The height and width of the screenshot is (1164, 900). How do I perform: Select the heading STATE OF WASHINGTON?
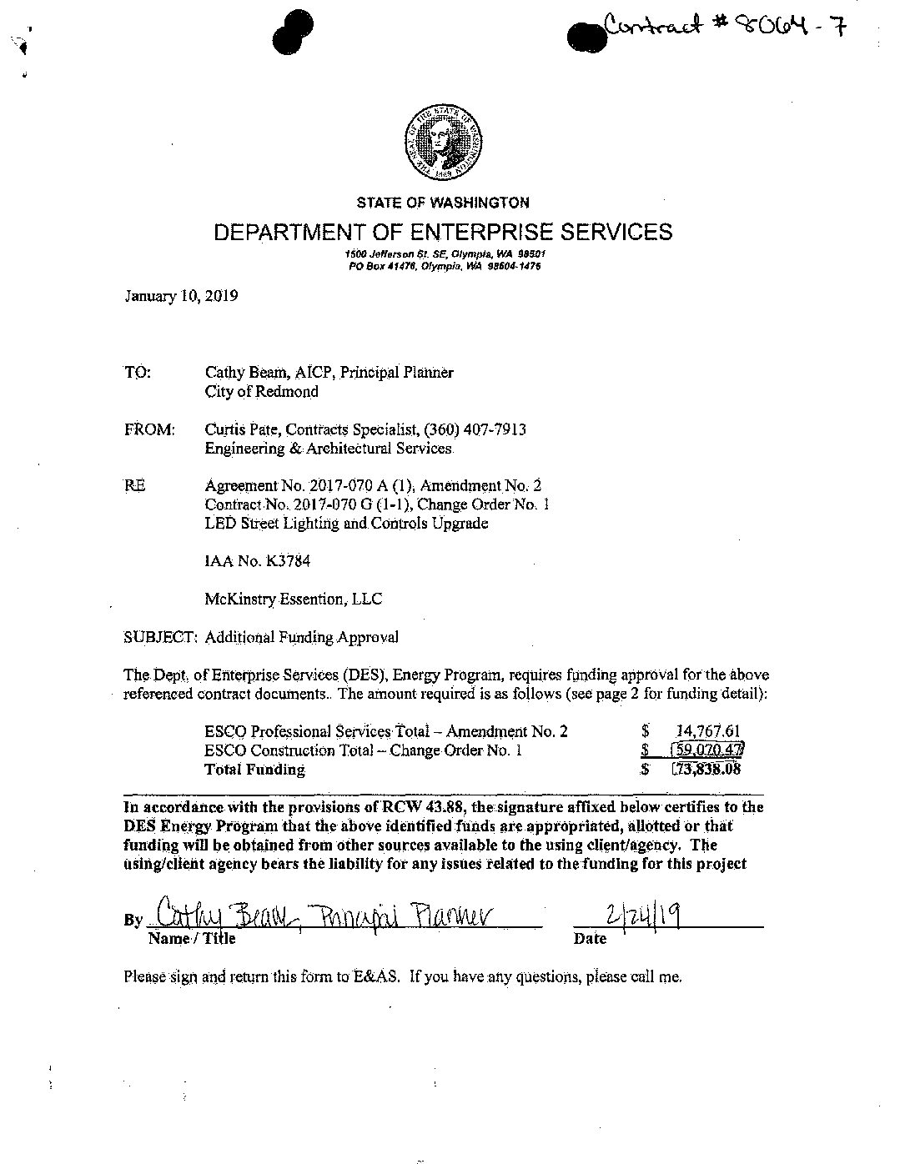(x=443, y=203)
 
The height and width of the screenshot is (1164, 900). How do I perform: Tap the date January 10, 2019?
(x=181, y=295)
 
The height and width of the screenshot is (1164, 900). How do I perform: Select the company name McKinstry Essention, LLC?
(x=294, y=599)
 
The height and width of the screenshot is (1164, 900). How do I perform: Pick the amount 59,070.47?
(x=707, y=750)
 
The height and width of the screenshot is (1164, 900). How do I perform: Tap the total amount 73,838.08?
(x=707, y=769)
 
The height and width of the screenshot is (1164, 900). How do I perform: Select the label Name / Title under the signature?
(x=192, y=939)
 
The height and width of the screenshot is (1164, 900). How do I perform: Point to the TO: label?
(x=138, y=373)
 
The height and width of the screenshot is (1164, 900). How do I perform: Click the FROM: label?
(x=149, y=429)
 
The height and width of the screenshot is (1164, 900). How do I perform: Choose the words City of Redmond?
(x=261, y=391)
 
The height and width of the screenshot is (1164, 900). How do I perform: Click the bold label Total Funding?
(x=254, y=770)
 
